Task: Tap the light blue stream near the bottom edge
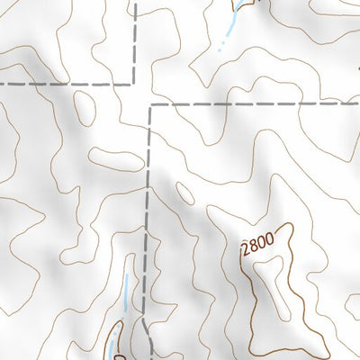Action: point(126,297)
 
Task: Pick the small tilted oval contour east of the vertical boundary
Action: point(184,193)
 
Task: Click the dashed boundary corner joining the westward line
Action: point(135,84)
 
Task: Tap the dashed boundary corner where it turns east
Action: point(151,104)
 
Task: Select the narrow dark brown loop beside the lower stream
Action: point(112,342)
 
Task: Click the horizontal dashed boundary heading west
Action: point(63,84)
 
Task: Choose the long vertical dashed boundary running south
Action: point(147,225)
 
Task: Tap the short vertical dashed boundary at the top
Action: point(135,40)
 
